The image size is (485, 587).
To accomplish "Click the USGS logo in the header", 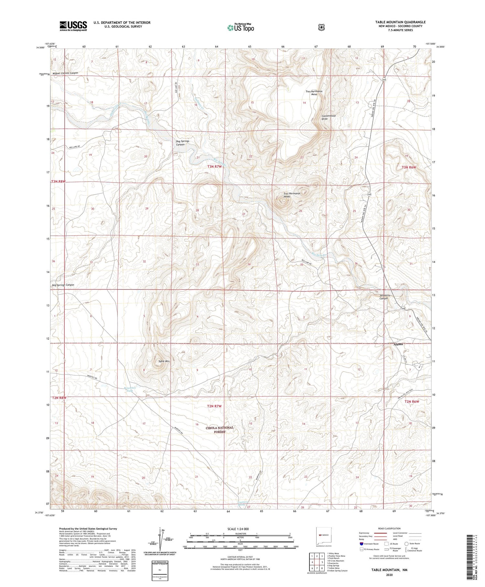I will [73, 26].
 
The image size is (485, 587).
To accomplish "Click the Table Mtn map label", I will [164, 361].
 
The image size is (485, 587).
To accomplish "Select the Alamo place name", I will [398, 344].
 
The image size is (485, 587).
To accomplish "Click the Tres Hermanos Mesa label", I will [314, 93].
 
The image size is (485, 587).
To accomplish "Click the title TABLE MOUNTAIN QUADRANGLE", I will [400, 22].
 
